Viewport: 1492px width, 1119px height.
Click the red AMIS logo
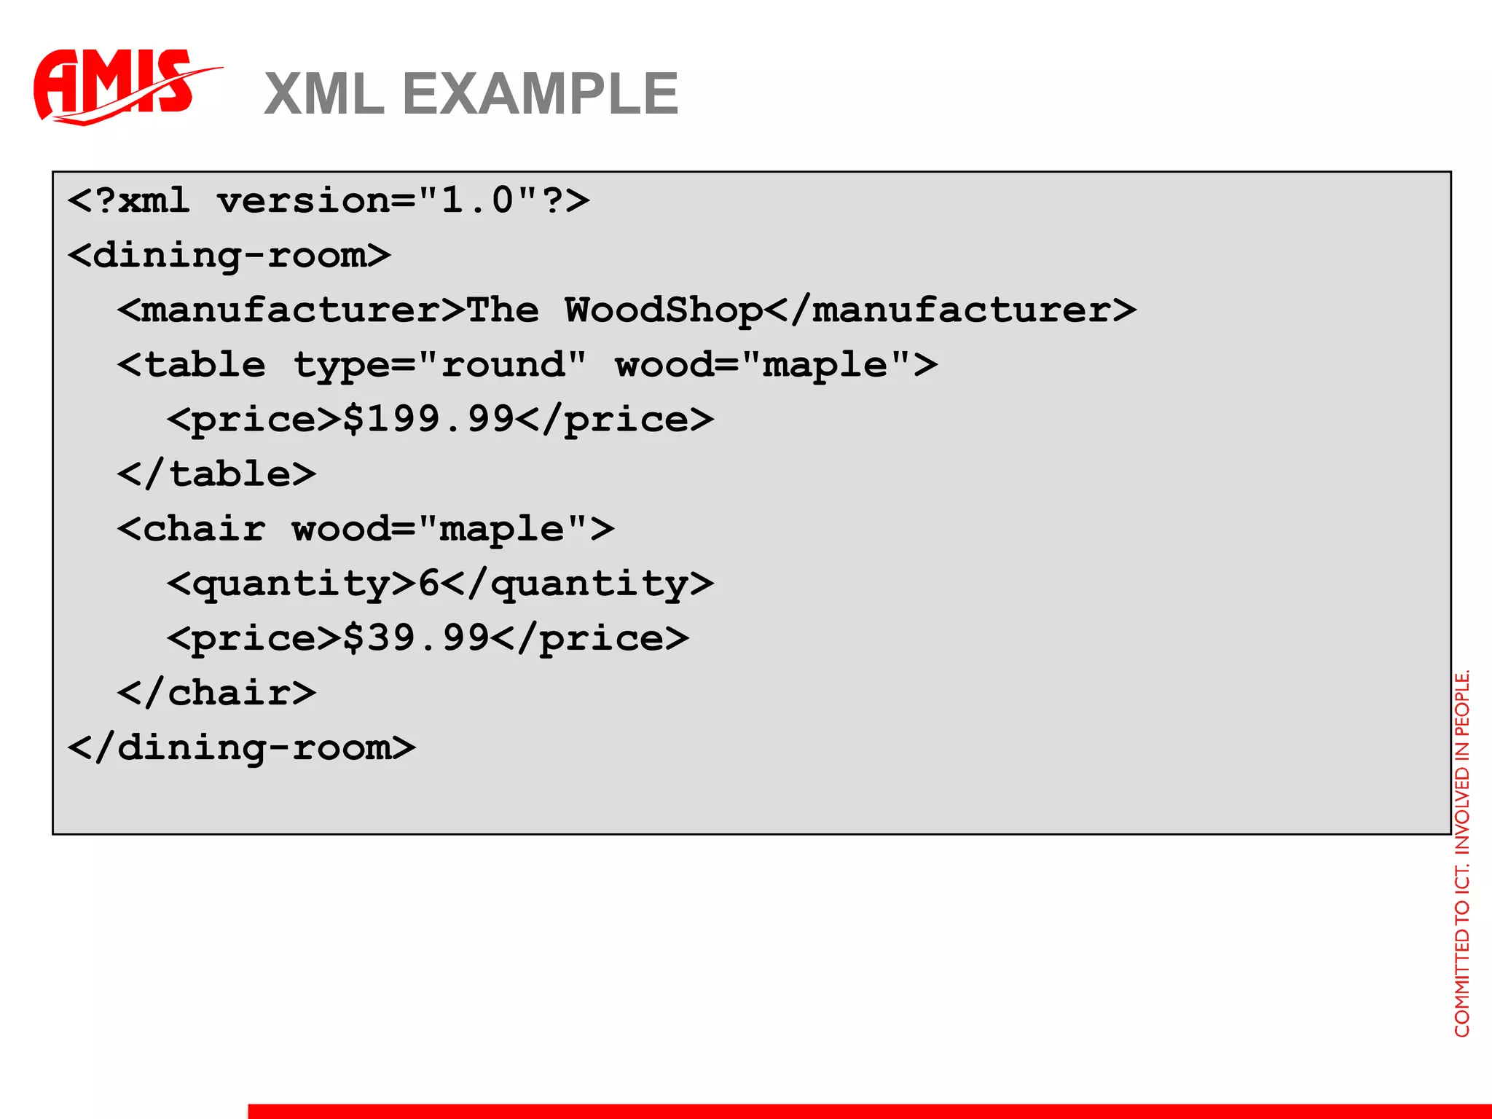(x=117, y=86)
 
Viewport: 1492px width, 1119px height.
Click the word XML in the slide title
(x=324, y=94)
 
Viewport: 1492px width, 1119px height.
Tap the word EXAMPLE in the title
(x=540, y=94)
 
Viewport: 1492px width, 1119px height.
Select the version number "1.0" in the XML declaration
(x=477, y=200)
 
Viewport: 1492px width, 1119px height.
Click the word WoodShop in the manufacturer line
(x=664, y=310)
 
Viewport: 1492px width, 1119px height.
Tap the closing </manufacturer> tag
(x=951, y=310)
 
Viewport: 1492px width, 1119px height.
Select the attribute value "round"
(x=503, y=364)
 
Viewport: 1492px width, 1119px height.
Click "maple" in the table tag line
(x=825, y=364)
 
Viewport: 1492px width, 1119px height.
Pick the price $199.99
(x=428, y=420)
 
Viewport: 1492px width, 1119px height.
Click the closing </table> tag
(x=216, y=474)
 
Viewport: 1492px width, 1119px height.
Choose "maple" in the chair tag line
(x=502, y=529)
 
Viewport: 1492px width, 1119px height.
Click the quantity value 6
(x=428, y=584)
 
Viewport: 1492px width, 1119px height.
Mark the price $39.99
(x=416, y=638)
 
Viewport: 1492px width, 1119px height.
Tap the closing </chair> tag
(x=216, y=693)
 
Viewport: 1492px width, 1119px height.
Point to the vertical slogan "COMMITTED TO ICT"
(x=1461, y=947)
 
